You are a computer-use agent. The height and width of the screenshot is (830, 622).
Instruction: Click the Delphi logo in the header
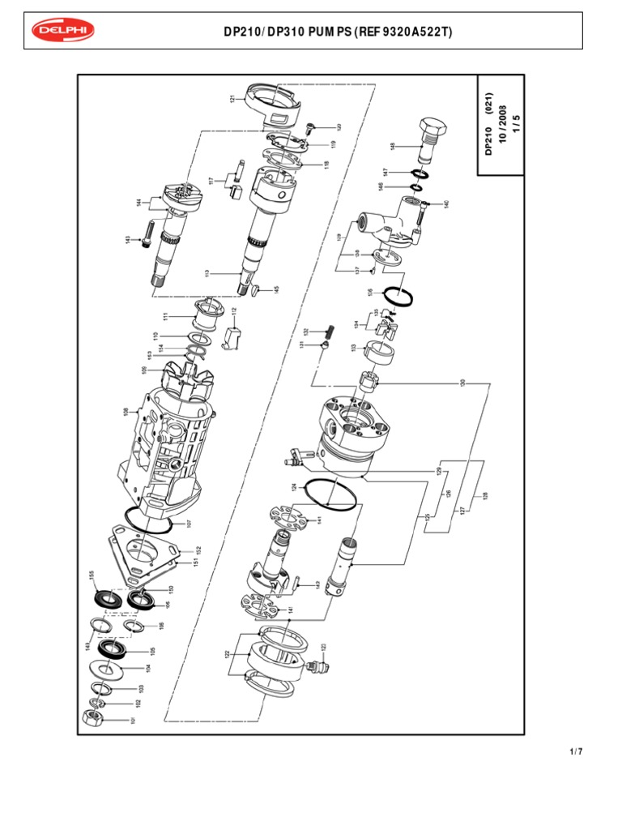tap(63, 31)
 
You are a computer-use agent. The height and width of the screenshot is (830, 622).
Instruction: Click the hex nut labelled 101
tap(94, 717)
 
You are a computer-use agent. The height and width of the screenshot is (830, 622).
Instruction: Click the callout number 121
tap(232, 100)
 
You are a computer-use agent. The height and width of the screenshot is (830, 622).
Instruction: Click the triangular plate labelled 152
tap(146, 552)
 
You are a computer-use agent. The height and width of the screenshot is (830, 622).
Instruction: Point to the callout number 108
tap(126, 411)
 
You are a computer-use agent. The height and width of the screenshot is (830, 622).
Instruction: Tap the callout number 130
tap(462, 383)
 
